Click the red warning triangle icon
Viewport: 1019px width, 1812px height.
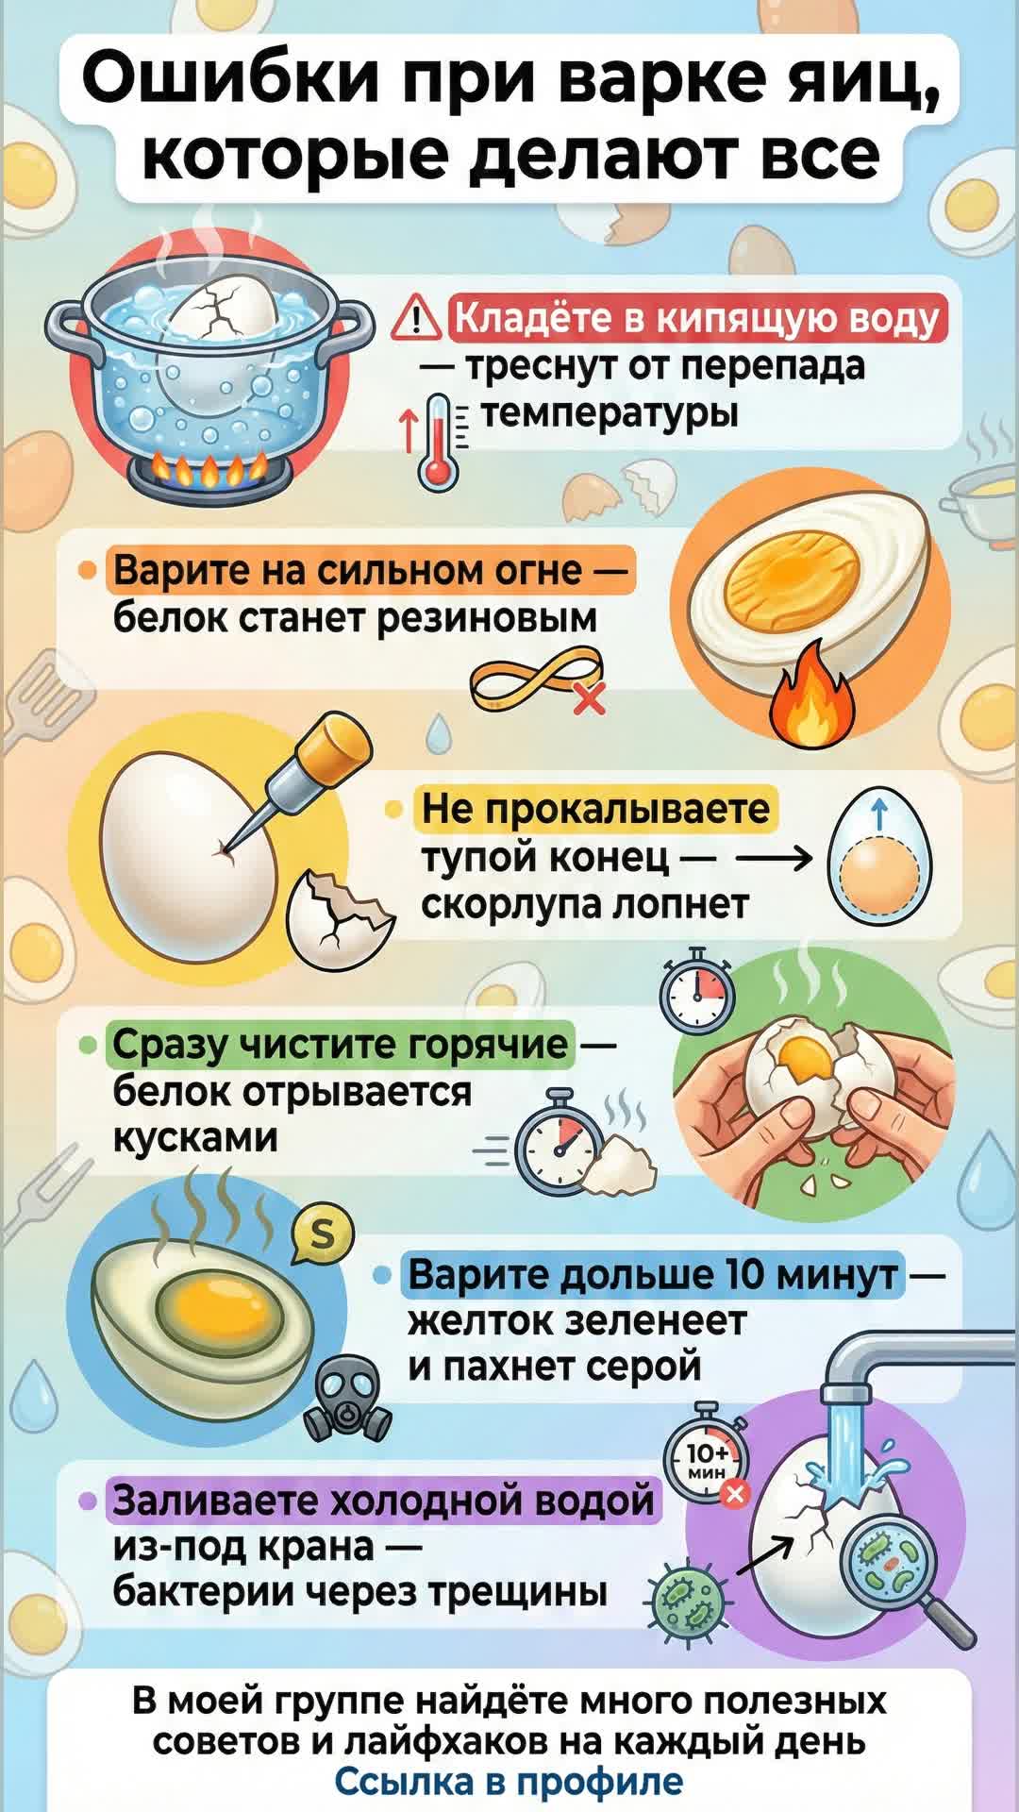(415, 318)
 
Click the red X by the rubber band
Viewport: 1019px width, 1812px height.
(589, 699)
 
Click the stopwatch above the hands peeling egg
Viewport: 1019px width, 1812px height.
(697, 996)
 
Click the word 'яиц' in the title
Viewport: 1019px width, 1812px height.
(850, 80)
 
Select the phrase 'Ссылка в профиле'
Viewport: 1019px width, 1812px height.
(509, 1782)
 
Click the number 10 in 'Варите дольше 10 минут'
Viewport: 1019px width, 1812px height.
(743, 1275)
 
